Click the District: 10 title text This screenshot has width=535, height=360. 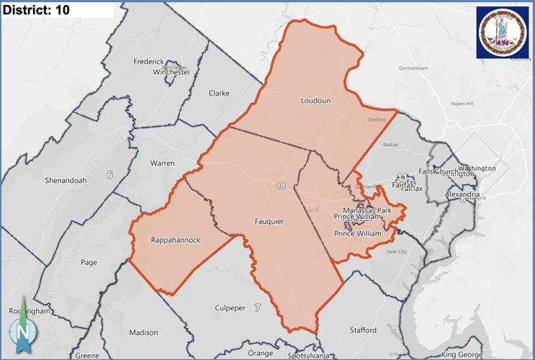(x=37, y=10)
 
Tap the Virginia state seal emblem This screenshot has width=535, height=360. (x=502, y=32)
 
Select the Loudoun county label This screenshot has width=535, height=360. (x=315, y=101)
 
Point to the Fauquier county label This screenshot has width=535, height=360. (x=269, y=222)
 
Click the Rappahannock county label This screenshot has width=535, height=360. (x=176, y=240)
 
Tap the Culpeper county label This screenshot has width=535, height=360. (x=230, y=308)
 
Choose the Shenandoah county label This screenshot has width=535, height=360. (x=66, y=180)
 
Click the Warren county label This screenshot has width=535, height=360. (x=162, y=163)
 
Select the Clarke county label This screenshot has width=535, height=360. (x=219, y=94)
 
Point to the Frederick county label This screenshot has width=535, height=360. (x=149, y=62)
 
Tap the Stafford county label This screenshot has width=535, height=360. (x=363, y=330)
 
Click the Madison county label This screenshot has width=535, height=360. (x=143, y=333)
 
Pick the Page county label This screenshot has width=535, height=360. (x=89, y=262)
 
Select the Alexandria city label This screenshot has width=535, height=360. (x=462, y=194)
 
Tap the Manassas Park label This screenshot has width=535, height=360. (x=367, y=210)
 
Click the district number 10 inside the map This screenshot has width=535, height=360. (x=280, y=186)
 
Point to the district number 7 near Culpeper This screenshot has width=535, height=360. (x=256, y=308)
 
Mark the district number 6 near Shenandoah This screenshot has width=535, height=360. (x=110, y=175)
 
